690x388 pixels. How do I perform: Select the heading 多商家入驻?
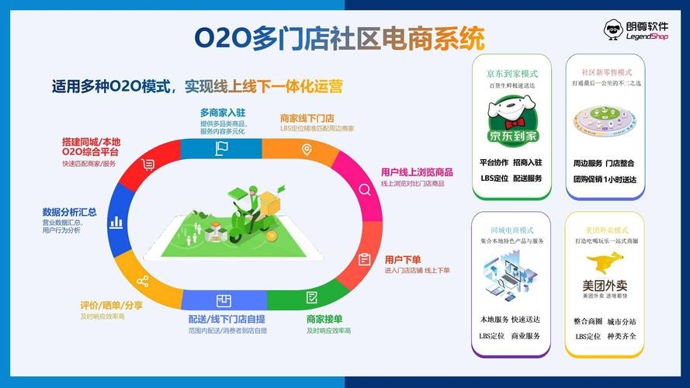pyautogui.click(x=223, y=113)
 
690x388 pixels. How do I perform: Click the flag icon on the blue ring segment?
pyautogui.click(x=222, y=148)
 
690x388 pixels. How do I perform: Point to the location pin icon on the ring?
pyautogui.click(x=307, y=149)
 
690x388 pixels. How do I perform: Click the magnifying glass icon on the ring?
pyautogui.click(x=363, y=189)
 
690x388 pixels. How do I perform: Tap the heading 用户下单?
pyautogui.click(x=402, y=259)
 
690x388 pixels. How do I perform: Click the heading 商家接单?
pyautogui.click(x=324, y=319)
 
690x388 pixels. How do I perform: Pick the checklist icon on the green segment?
pyautogui.click(x=311, y=297)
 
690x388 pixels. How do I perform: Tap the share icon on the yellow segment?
pyautogui.click(x=142, y=280)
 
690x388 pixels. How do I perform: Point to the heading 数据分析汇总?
pyautogui.click(x=69, y=211)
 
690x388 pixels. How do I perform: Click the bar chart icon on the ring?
pyautogui.click(x=116, y=222)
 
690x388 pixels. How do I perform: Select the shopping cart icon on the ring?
pyautogui.click(x=147, y=164)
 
